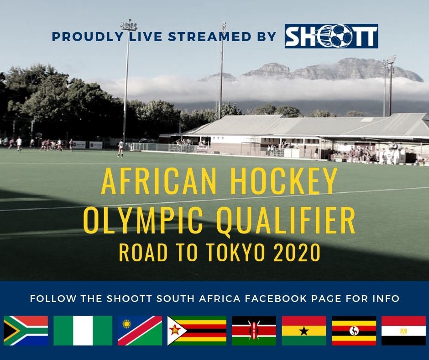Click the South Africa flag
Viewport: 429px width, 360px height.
(26, 331)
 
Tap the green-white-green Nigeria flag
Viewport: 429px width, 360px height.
(83, 331)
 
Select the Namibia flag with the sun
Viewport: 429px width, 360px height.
(140, 331)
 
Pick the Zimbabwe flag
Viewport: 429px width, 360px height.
(197, 331)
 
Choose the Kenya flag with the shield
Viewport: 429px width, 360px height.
(254, 331)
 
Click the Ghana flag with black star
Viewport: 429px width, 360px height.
(304, 331)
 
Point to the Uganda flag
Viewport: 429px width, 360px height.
(354, 331)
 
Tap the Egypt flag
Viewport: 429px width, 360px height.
(404, 331)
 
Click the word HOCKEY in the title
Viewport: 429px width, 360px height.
(283, 181)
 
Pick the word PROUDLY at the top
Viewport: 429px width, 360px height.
(88, 37)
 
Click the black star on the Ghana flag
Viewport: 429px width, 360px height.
(304, 331)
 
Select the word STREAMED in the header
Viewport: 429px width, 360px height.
(209, 37)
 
